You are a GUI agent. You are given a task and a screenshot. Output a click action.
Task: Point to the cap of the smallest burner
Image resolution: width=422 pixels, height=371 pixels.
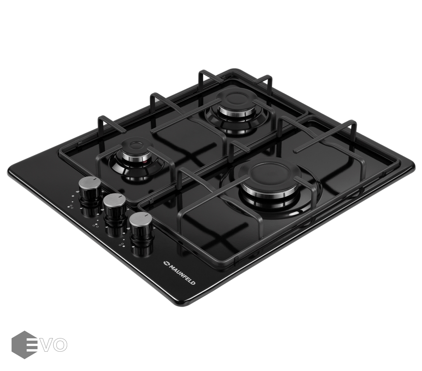[x=135, y=148]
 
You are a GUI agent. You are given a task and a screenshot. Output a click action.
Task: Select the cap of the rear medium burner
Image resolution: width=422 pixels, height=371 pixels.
[x=236, y=100]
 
